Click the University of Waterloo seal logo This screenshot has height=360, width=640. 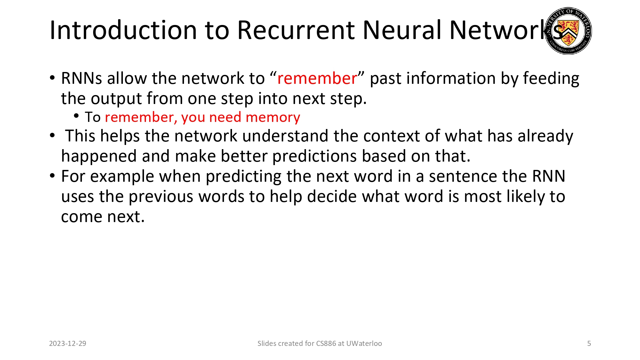click(x=568, y=31)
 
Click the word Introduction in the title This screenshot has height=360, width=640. click(x=123, y=30)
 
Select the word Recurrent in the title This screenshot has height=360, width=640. click(x=296, y=30)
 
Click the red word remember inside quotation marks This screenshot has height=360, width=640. click(x=317, y=78)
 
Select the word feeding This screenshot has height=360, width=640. click(x=551, y=78)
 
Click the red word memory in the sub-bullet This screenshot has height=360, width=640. click(x=273, y=117)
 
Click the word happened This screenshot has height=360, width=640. click(x=99, y=156)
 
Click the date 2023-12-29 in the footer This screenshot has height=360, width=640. click(x=68, y=343)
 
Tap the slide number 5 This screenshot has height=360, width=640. click(x=589, y=343)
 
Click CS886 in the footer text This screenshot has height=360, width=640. click(x=326, y=343)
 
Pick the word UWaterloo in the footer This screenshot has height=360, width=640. click(x=364, y=343)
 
